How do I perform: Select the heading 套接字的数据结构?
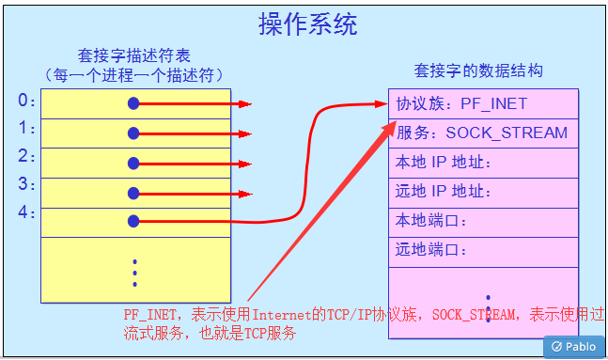click(478, 70)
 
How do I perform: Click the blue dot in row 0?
click(133, 102)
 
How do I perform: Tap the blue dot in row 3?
click(133, 194)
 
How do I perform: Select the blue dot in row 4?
click(133, 222)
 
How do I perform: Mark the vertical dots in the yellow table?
click(135, 272)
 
